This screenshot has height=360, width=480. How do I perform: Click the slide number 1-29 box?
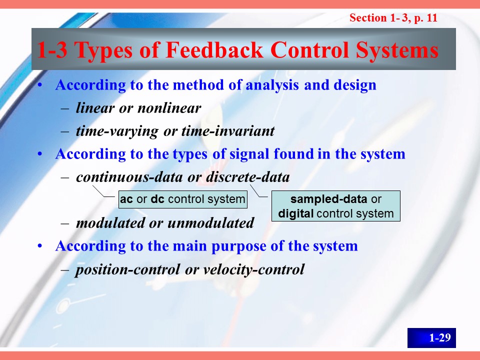(x=431, y=337)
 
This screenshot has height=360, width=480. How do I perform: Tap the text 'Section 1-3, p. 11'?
(x=393, y=18)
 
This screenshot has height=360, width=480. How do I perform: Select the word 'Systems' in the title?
(x=397, y=50)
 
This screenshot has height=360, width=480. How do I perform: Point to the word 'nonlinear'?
(x=169, y=108)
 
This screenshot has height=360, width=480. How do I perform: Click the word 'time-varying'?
(x=117, y=131)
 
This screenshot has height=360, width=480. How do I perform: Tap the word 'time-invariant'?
(x=228, y=130)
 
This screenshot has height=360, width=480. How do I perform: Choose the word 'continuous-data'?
(x=129, y=177)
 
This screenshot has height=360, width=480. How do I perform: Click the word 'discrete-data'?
(x=247, y=177)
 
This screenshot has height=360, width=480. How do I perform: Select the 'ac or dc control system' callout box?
(x=183, y=199)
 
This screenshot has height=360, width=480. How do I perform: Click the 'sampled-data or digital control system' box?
(x=336, y=206)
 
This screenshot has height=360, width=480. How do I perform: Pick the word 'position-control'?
(x=127, y=269)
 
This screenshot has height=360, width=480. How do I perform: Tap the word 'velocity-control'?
(x=254, y=269)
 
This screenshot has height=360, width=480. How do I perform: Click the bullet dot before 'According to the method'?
(x=40, y=85)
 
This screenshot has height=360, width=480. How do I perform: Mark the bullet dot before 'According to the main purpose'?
(x=40, y=246)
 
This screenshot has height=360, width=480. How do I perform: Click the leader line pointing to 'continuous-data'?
(x=103, y=191)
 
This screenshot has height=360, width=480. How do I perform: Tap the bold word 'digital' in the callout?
(x=295, y=213)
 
